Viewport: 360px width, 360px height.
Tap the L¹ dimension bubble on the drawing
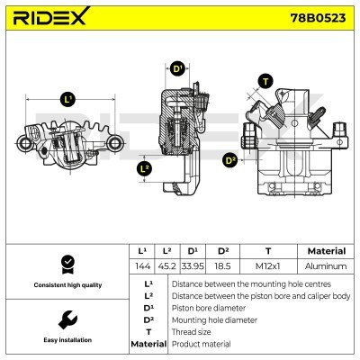68,98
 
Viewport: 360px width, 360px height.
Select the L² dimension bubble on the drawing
144,167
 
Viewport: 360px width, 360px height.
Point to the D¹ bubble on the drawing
177,68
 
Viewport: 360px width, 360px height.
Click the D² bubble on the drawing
230,160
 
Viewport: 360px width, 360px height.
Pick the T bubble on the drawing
265,81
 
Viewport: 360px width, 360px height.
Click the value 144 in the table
141,266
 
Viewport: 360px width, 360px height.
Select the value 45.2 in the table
166,266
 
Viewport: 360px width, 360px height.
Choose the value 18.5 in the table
223,266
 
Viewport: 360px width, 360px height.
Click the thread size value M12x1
268,266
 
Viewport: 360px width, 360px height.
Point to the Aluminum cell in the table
326,266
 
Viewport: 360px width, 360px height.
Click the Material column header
326,251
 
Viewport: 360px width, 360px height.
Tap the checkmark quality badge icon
65,264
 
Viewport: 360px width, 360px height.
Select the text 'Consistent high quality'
65,285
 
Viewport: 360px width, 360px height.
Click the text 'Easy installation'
65,340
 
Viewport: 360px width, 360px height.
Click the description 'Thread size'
193,332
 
